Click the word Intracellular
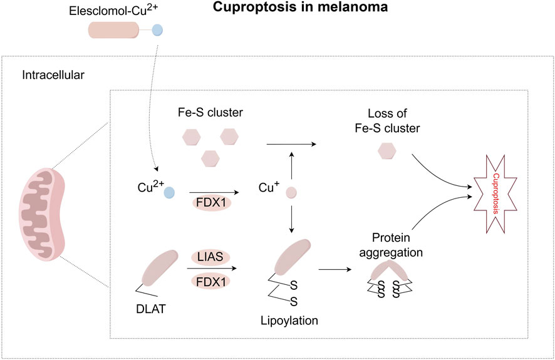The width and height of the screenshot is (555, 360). coord(53,76)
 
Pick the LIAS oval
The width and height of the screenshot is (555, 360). coord(210,257)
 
